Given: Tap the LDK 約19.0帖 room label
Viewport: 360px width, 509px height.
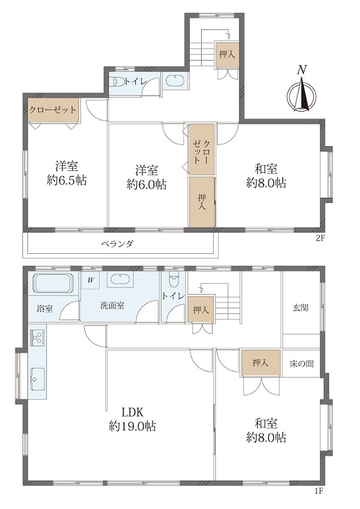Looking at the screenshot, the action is (x=132, y=419).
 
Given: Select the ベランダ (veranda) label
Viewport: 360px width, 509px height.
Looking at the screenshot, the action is (x=117, y=244).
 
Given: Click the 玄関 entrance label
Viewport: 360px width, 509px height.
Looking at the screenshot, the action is (x=301, y=307).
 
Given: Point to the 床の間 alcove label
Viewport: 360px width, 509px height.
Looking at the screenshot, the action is (x=302, y=364).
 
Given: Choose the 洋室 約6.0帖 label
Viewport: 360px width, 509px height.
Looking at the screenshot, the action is (x=147, y=177).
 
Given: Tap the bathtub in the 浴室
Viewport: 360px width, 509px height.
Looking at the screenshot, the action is (x=54, y=283).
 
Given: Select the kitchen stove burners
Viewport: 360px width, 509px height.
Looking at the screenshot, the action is (x=38, y=337).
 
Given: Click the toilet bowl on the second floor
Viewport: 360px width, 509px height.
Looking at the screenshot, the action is (x=117, y=82).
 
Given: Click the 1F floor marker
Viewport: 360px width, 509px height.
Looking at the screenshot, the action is (x=319, y=499).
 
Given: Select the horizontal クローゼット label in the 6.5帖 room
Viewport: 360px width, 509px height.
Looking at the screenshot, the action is (x=53, y=110).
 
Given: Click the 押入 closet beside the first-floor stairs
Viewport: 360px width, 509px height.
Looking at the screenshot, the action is (x=201, y=310).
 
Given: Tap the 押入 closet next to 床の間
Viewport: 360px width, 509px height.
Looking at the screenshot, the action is (x=260, y=363).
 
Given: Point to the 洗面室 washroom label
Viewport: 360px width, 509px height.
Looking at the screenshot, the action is (x=112, y=306).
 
